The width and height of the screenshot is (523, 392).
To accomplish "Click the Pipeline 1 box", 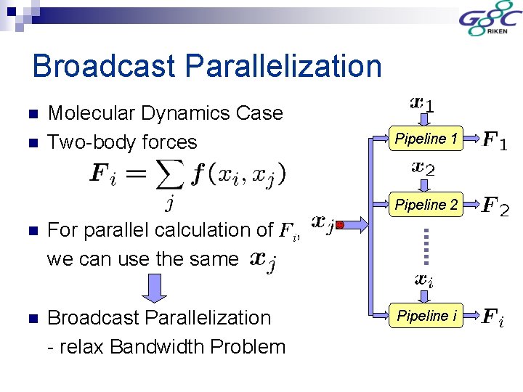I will (x=426, y=138).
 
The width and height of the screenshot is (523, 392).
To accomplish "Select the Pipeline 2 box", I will (x=426, y=205).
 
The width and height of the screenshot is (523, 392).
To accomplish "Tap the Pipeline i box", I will (x=426, y=316).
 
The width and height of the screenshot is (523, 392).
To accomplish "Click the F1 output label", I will (x=495, y=139).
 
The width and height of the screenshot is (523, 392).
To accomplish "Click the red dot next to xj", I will (x=339, y=225).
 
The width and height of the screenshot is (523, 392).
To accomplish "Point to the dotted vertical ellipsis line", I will (x=426, y=245).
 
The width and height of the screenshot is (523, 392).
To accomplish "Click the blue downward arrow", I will (x=153, y=287).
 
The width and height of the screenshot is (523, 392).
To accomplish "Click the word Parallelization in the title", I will (x=283, y=66).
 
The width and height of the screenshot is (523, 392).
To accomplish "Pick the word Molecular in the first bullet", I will (x=91, y=113).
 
